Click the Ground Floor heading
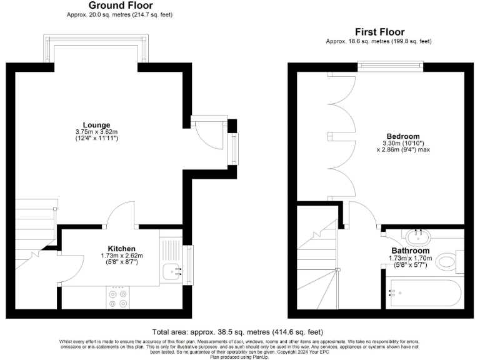point(103,6)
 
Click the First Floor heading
point(379,32)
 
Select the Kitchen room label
point(122,248)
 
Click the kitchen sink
point(172,271)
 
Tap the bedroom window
point(390,64)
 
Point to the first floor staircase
point(317,262)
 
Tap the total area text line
point(237,332)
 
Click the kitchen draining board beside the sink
point(171,250)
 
